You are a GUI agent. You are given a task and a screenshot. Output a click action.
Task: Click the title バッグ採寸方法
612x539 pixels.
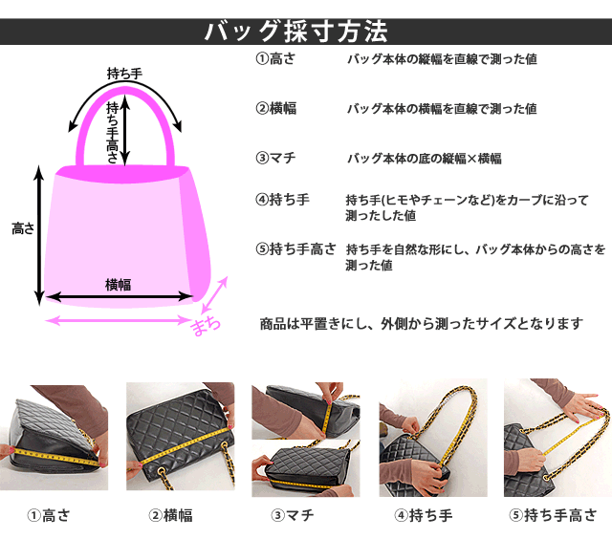[x=295, y=32]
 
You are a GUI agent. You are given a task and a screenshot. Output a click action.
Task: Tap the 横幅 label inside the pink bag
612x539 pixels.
[x=118, y=285]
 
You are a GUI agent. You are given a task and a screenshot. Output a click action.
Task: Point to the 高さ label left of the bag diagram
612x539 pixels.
[x=23, y=228]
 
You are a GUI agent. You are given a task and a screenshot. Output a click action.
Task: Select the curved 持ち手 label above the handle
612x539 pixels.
[x=124, y=74]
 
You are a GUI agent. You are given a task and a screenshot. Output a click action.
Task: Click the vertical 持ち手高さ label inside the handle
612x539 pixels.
[x=113, y=132]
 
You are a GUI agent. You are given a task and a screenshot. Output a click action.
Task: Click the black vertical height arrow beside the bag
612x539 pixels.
[x=39, y=235]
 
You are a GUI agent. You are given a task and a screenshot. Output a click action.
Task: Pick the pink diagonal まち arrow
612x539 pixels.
[x=214, y=295]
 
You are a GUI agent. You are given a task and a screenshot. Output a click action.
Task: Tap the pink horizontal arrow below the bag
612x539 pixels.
[x=118, y=320]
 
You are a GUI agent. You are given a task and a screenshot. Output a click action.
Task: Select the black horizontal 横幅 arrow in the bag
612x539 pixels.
[x=120, y=297]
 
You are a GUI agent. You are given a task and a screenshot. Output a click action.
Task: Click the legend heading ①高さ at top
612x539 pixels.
[x=275, y=59]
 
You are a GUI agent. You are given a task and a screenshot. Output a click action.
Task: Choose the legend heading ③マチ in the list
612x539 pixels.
[x=275, y=158]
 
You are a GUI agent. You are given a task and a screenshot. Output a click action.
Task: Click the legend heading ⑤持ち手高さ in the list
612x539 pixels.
[x=295, y=248]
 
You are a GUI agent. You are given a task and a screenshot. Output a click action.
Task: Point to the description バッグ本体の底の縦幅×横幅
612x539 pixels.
[x=425, y=159]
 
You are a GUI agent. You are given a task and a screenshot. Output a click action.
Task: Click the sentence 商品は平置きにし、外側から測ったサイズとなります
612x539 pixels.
[x=422, y=324]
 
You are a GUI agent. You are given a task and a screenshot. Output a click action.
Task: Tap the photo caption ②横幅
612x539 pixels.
[x=170, y=516]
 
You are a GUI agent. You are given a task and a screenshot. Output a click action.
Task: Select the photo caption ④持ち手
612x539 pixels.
[x=423, y=516]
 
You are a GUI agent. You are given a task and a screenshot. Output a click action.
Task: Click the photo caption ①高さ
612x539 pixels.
[x=49, y=516]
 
